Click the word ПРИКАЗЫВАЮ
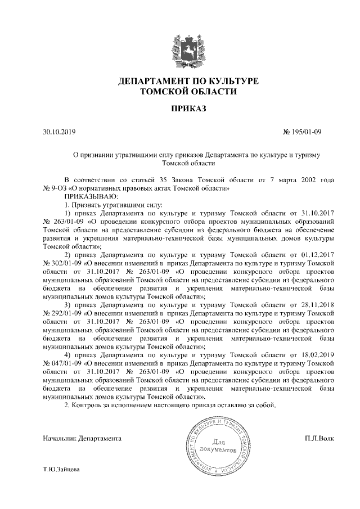coord(91,196)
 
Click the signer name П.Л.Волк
coord(319,438)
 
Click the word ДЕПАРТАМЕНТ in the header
coord(153,82)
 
